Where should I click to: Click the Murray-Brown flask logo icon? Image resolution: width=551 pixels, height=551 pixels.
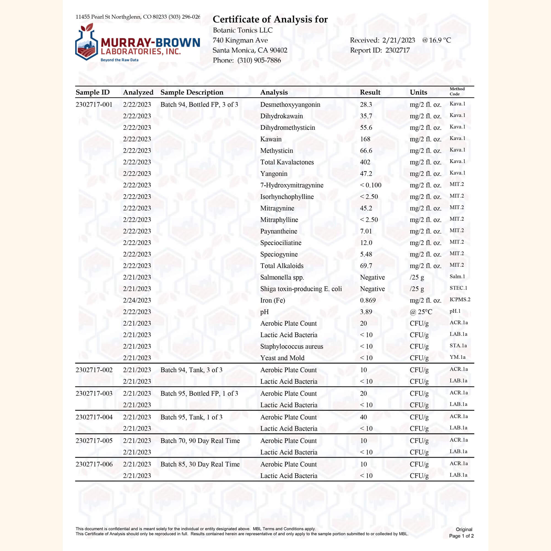coord(87,43)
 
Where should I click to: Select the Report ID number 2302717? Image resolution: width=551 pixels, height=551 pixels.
coord(397,50)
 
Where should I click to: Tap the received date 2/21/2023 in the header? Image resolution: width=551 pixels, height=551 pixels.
coord(398,40)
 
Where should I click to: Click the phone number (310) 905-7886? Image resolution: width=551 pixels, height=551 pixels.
coord(259,60)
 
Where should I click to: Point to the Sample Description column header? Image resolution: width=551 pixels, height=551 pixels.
coord(192,92)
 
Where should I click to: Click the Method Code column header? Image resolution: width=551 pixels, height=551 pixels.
coord(457,91)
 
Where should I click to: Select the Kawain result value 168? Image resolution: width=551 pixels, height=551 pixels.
coord(365,139)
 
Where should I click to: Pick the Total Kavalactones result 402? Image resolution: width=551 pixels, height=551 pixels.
coord(365,162)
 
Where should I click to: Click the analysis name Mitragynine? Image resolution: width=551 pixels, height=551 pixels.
coord(277,208)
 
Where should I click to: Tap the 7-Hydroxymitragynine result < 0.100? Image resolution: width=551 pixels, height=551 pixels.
coord(371,185)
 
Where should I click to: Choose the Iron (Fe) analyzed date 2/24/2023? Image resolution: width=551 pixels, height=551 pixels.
coord(137,300)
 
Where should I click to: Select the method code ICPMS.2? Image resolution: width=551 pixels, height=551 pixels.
coord(460,299)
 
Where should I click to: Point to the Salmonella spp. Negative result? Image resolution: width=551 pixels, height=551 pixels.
coord(372,277)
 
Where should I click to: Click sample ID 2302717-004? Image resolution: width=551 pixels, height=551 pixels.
coord(94,417)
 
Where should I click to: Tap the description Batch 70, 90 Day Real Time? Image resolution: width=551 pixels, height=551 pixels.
coord(200,441)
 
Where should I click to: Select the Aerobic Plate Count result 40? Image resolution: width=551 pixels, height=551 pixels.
coord(363,417)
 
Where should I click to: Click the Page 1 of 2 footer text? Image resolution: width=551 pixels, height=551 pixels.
coord(461,536)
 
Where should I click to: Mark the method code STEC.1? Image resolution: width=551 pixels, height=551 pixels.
coord(458,288)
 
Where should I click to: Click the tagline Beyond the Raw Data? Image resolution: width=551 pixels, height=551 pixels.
coord(119,60)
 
